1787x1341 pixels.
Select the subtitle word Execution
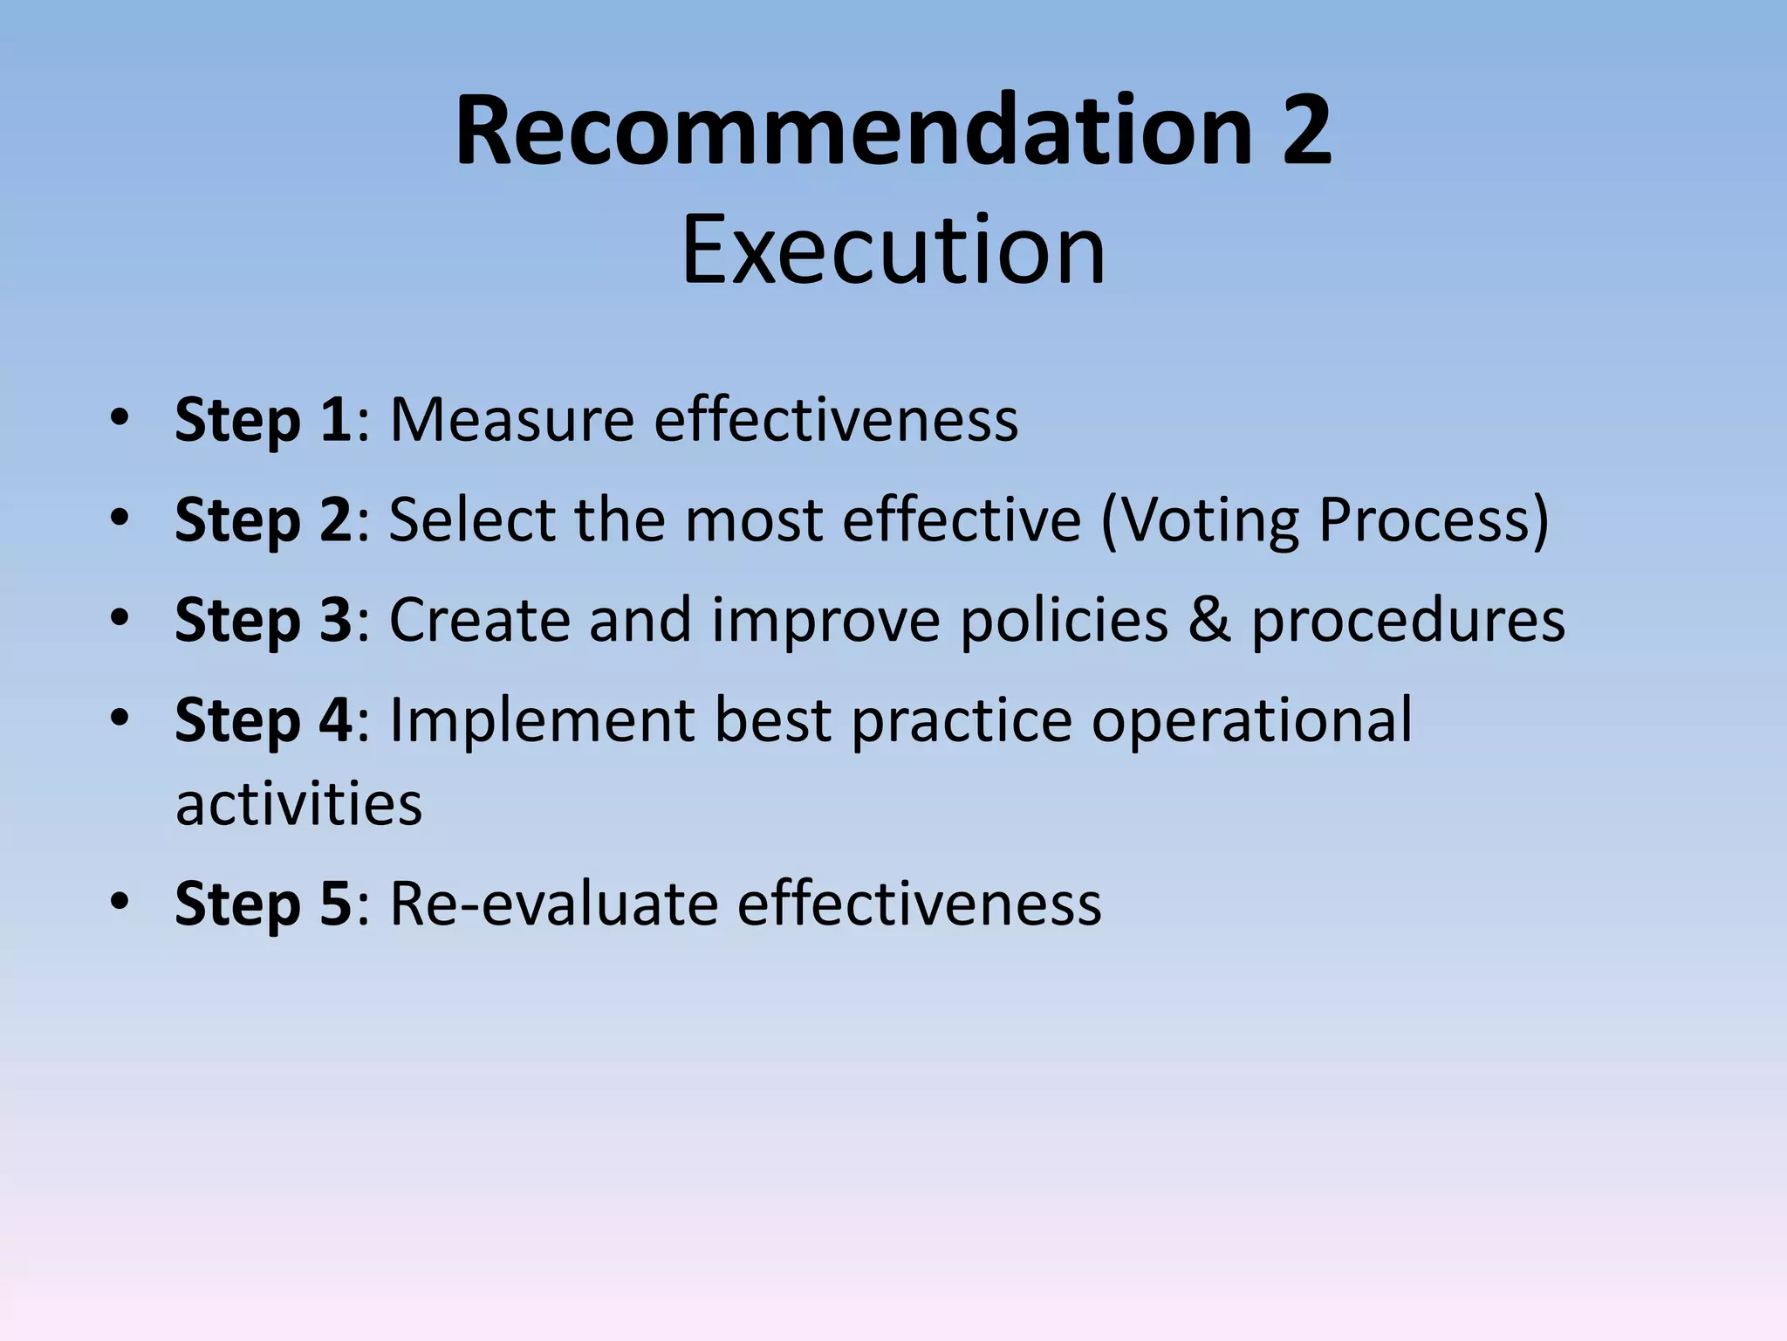[893, 251]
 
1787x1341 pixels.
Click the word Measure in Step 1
[511, 421]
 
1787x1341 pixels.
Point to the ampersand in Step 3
[1209, 621]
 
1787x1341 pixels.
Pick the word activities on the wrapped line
[298, 804]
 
